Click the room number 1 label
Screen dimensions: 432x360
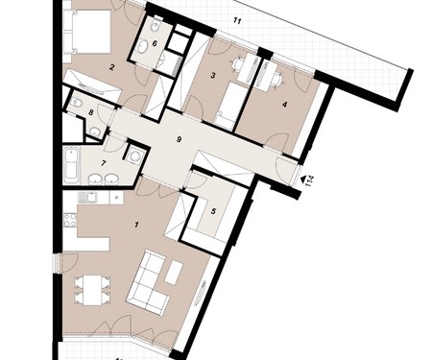136,225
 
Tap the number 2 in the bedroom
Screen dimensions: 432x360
111,67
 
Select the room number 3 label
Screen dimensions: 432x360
213,76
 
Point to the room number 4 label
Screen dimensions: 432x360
285,105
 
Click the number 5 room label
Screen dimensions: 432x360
214,211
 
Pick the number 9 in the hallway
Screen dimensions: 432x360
180,139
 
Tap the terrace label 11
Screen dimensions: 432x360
237,21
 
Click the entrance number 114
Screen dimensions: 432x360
310,180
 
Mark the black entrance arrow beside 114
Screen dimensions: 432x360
302,180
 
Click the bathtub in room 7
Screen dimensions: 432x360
71,165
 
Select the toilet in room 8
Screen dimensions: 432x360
77,103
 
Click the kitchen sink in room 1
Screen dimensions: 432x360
87,198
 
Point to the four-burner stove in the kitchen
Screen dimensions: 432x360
70,220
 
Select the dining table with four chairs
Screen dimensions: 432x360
92,290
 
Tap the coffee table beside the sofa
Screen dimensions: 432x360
174,273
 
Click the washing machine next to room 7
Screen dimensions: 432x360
135,155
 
